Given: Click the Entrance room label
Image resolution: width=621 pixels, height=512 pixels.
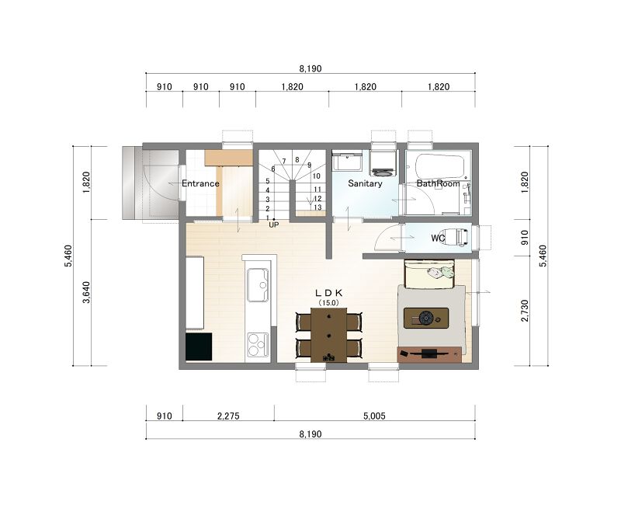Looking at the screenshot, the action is pyautogui.click(x=200, y=183).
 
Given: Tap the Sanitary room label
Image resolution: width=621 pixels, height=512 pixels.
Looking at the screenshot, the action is pyautogui.click(x=365, y=183).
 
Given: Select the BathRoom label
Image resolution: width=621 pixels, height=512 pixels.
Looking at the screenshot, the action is pyautogui.click(x=438, y=183).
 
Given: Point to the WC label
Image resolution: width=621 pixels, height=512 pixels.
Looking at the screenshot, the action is pyautogui.click(x=438, y=239).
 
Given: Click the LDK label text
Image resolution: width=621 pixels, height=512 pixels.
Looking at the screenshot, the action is pyautogui.click(x=328, y=293).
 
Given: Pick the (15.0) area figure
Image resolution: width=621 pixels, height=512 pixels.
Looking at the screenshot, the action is pyautogui.click(x=328, y=303).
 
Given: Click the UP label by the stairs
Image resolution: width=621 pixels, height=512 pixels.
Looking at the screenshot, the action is pyautogui.click(x=274, y=225).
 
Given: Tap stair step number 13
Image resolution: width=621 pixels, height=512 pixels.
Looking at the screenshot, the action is pyautogui.click(x=317, y=207).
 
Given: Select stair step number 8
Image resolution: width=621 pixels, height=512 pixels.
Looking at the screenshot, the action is pyautogui.click(x=297, y=160).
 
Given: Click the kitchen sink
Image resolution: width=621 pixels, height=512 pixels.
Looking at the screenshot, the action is pyautogui.click(x=258, y=285).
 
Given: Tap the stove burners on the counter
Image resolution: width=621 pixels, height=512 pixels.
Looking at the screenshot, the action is pyautogui.click(x=257, y=345).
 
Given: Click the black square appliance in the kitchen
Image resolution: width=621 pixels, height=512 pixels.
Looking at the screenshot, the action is pyautogui.click(x=199, y=347).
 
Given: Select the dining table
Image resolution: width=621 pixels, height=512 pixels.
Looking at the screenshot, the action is pyautogui.click(x=328, y=336).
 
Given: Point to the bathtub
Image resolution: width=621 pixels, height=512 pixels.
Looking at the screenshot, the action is pyautogui.click(x=439, y=166).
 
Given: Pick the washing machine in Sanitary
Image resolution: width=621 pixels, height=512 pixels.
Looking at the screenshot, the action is pyautogui.click(x=382, y=163).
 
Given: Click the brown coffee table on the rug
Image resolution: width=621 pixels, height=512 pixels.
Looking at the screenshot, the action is pyautogui.click(x=426, y=318).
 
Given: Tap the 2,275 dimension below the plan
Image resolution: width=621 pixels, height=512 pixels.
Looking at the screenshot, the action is pyautogui.click(x=228, y=416).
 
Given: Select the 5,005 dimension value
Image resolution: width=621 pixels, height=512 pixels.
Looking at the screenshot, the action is pyautogui.click(x=374, y=416).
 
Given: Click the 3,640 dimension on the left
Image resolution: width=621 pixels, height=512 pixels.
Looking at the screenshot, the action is pyautogui.click(x=86, y=292).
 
